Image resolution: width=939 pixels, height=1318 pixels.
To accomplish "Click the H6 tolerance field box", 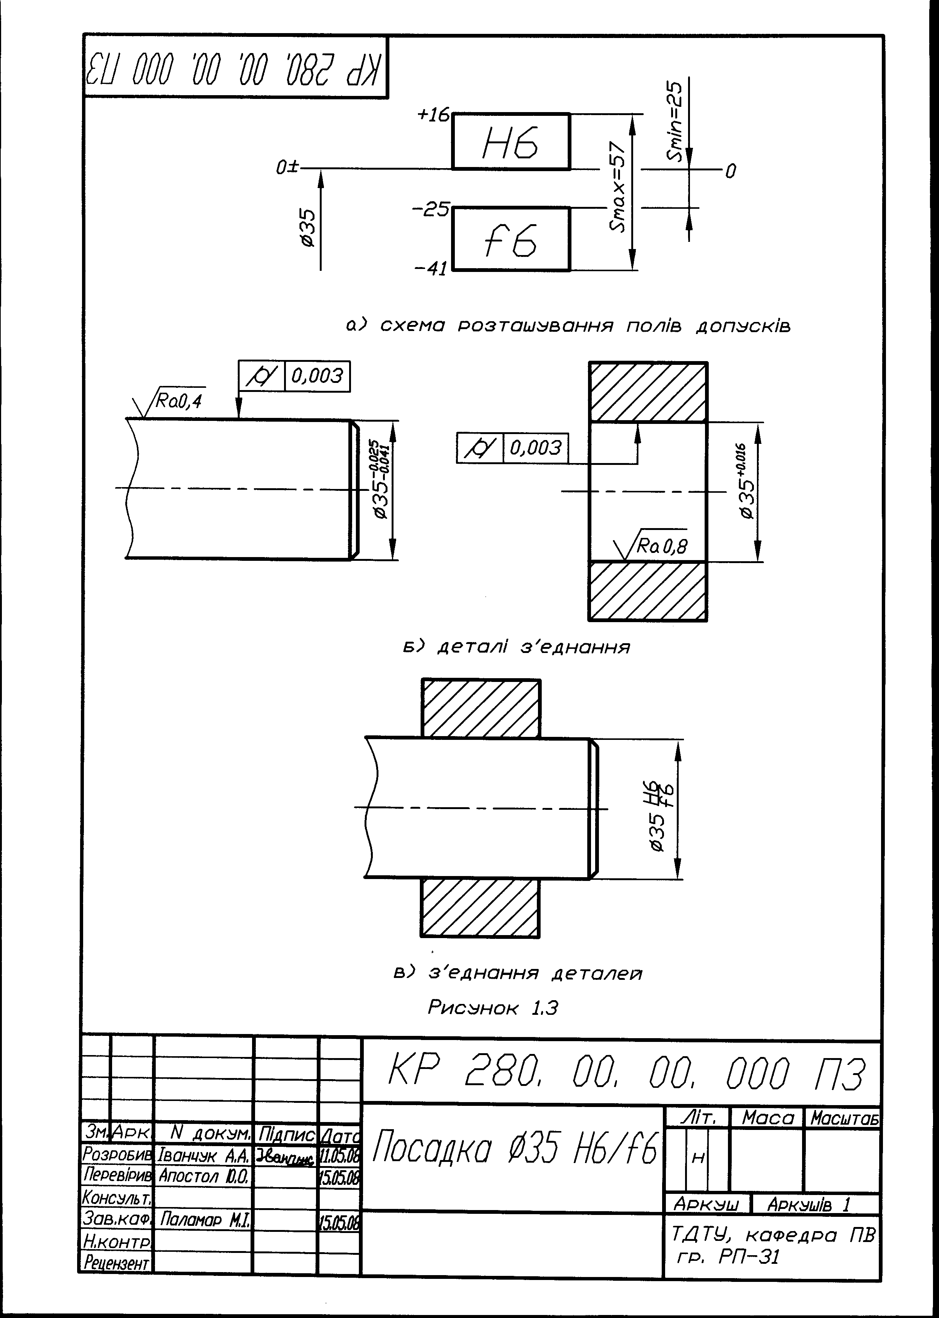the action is click(511, 142).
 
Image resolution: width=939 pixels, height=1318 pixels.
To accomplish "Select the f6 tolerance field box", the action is click(511, 239).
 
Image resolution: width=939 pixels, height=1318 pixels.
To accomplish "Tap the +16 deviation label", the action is click(433, 115).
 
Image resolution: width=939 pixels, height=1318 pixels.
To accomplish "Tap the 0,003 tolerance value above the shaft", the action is click(318, 376).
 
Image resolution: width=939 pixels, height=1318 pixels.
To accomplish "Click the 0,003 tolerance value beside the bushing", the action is click(536, 448).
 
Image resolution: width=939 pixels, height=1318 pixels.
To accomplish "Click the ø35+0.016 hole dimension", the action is click(747, 481).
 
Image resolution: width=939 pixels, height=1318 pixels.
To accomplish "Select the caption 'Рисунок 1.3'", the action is click(492, 1008).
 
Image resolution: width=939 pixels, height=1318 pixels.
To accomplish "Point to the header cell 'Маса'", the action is click(768, 1118).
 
